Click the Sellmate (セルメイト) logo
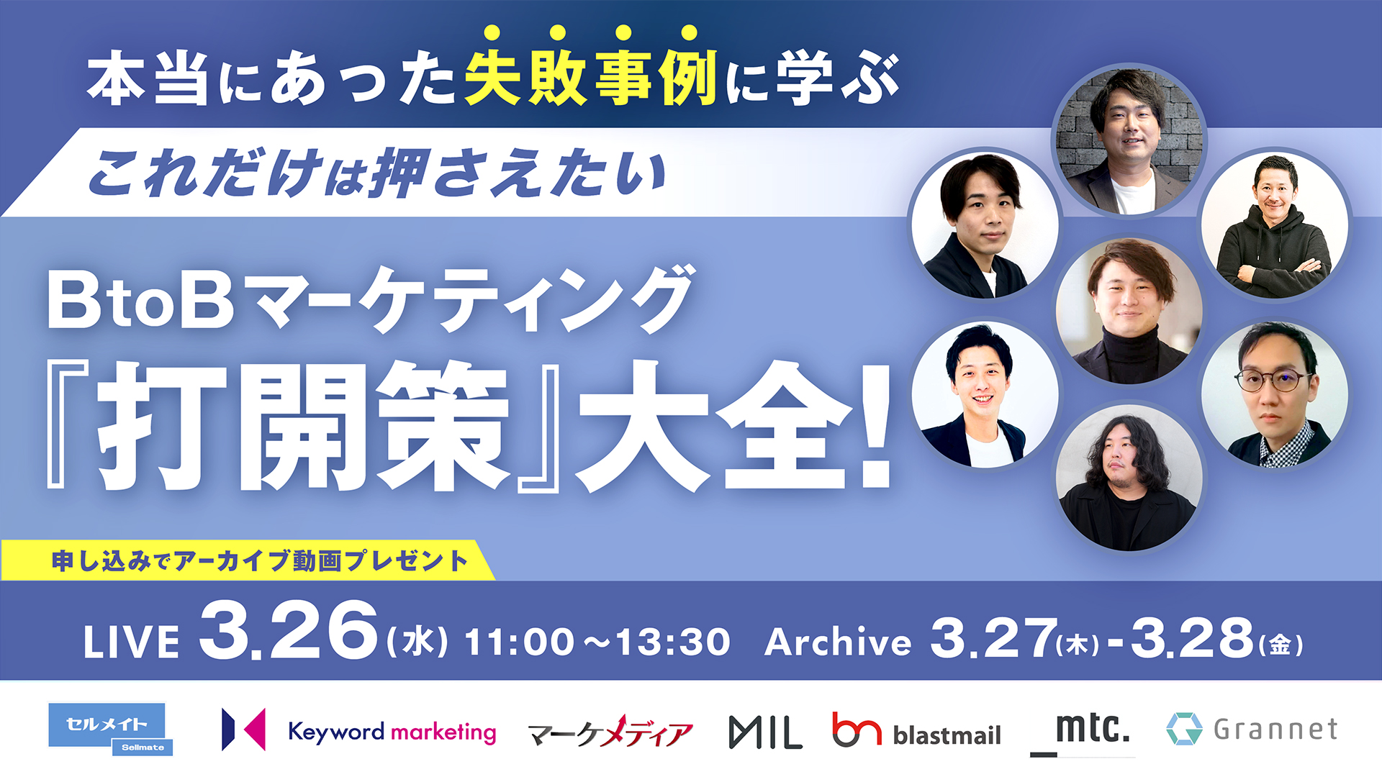coord(110,730)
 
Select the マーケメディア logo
coord(610,732)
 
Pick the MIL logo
coord(765,732)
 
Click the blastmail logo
coord(916,731)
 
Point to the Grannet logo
coord(1252,729)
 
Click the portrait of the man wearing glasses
coord(1274,394)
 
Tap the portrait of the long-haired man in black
coord(1129,478)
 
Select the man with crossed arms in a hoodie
coord(1274,224)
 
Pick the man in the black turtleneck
coord(1129,310)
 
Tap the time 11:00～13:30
coord(597,642)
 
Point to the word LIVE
coord(131,642)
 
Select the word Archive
coord(838,641)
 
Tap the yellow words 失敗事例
coord(591,78)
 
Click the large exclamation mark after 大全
coord(875,427)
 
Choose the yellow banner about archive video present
coord(248,560)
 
